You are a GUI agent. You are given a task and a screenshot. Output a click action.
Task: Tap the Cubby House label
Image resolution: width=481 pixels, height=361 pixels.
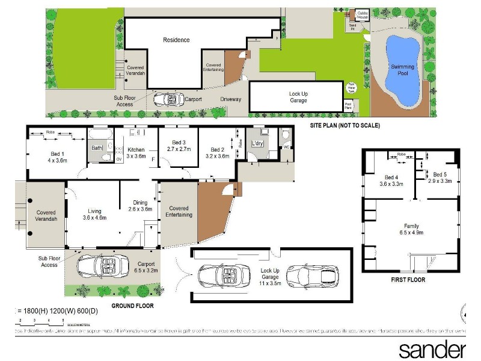pyautogui.click(x=362, y=15)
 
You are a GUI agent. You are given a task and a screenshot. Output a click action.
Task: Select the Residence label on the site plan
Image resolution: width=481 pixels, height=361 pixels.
pyautogui.click(x=176, y=40)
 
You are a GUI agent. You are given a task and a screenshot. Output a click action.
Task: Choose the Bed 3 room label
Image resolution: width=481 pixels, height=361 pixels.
pyautogui.click(x=179, y=144)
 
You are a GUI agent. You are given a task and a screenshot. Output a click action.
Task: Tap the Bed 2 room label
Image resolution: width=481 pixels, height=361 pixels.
pyautogui.click(x=217, y=153)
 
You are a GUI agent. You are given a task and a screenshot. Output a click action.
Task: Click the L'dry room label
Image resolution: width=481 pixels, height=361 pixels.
pyautogui.click(x=259, y=144)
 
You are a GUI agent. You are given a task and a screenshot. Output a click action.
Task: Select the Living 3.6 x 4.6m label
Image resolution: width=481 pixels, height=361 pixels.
pyautogui.click(x=94, y=214)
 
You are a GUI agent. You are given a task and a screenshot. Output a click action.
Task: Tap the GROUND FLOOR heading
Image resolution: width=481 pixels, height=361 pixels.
pyautogui.click(x=132, y=306)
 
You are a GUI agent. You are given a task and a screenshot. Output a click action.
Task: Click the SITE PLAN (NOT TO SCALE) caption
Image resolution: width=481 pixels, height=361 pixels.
pyautogui.click(x=345, y=126)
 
